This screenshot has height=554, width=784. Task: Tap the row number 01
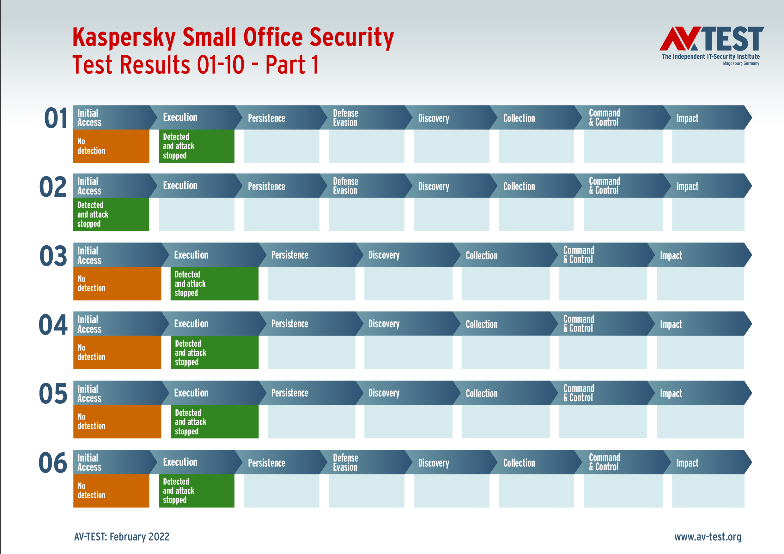[56, 118]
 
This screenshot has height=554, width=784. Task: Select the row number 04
[53, 325]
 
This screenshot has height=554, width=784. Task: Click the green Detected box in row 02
[111, 214]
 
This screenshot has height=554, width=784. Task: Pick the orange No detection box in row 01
[111, 146]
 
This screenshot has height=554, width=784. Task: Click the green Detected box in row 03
[214, 283]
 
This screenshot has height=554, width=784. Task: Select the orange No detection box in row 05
[117, 421]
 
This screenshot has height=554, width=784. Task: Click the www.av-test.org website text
[708, 537]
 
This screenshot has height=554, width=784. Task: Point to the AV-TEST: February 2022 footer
[122, 537]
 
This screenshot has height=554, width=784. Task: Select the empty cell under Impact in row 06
[708, 491]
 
